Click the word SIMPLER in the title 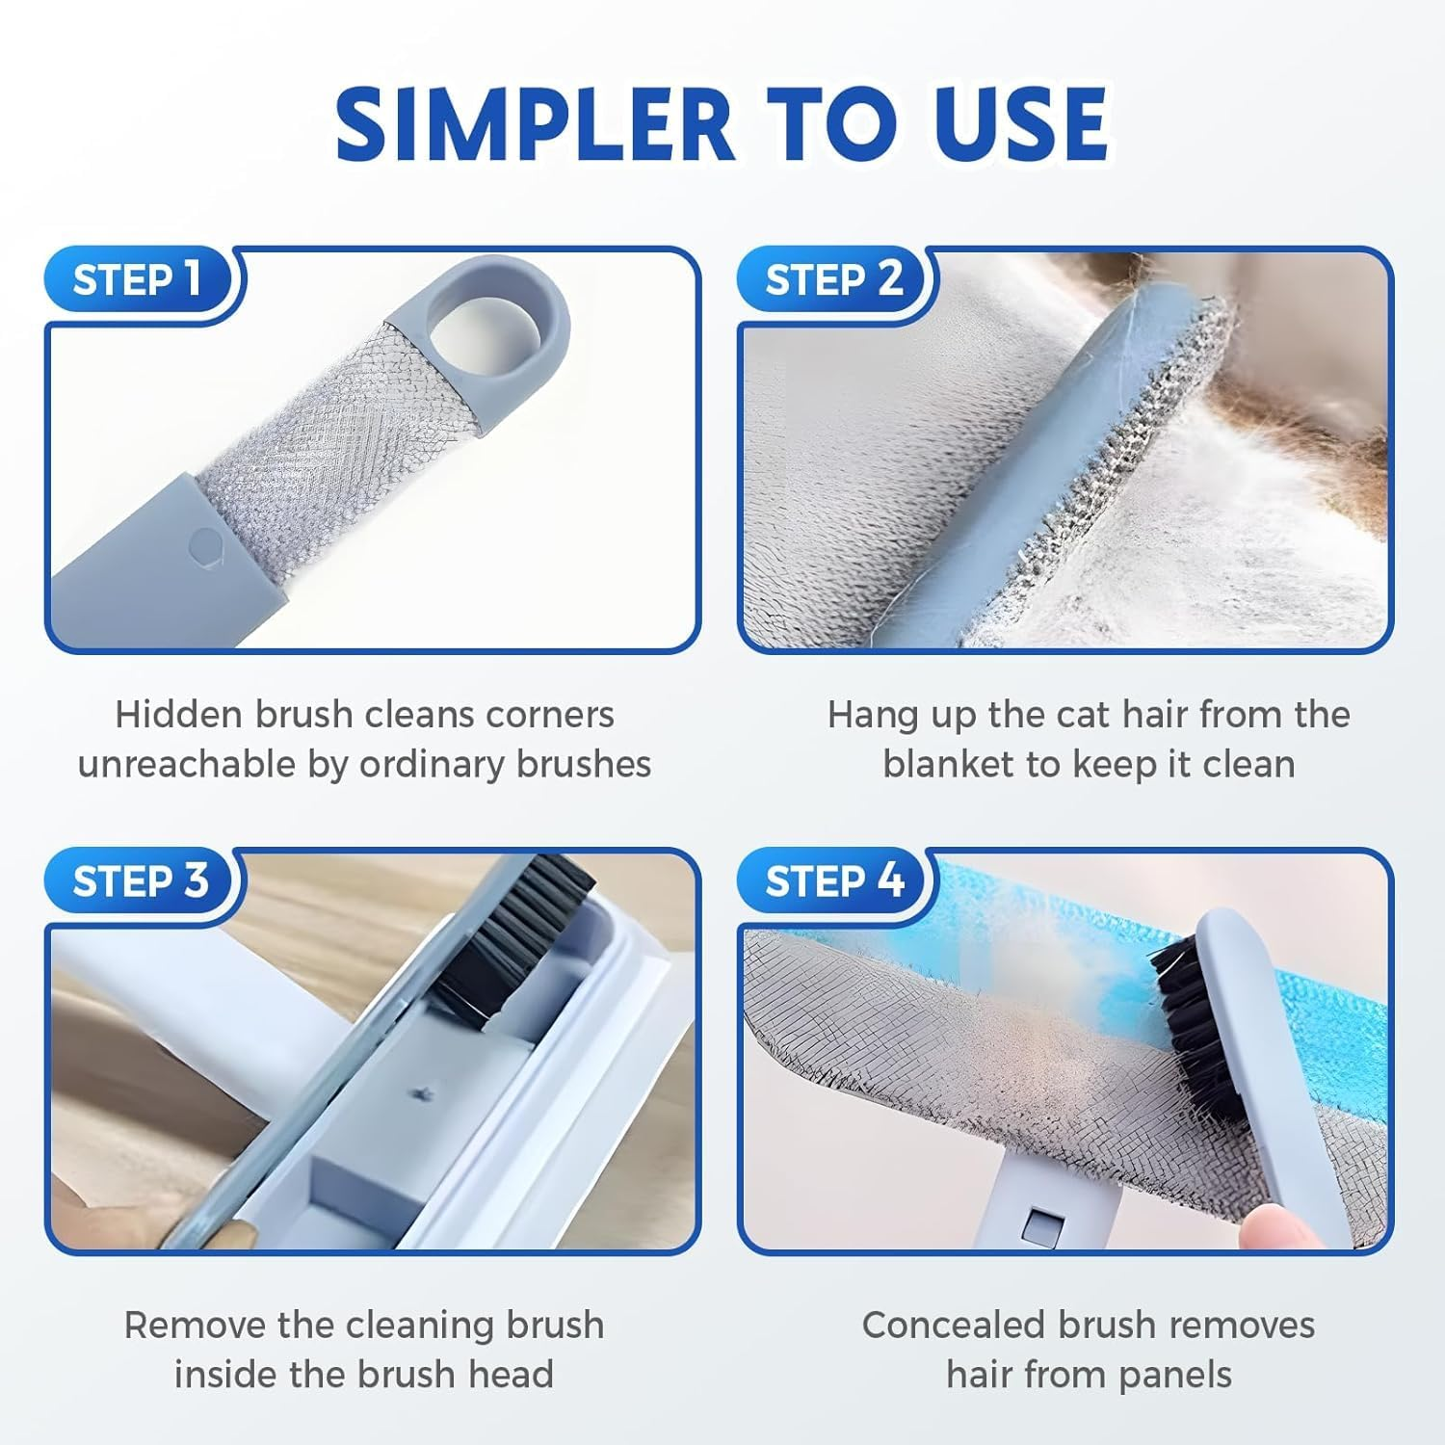click(533, 125)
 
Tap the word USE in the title click(1014, 125)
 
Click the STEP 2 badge click(833, 280)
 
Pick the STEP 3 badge click(140, 880)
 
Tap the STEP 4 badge click(833, 880)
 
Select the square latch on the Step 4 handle click(1040, 1225)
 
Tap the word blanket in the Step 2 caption click(948, 765)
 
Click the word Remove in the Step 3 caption click(194, 1326)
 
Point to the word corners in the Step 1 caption click(550, 715)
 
